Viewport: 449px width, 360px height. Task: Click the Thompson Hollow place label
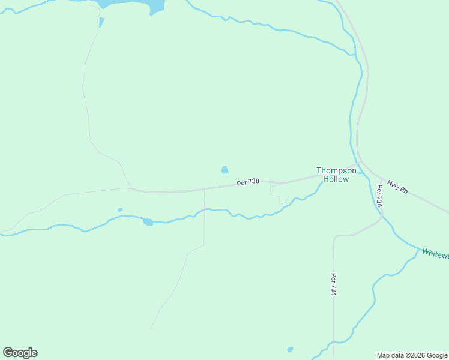click(336, 175)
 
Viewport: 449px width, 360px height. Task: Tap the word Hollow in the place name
click(336, 179)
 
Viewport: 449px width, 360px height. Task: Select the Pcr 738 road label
click(248, 182)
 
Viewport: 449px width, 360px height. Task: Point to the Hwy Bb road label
click(397, 187)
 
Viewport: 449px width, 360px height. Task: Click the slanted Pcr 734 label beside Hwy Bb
click(379, 196)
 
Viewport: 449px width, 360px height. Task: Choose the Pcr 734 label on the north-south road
click(334, 284)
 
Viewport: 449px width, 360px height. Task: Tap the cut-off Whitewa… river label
click(435, 254)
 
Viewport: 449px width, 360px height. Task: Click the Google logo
click(20, 353)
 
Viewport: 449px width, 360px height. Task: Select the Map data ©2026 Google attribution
click(412, 355)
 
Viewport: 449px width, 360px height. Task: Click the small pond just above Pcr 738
click(225, 170)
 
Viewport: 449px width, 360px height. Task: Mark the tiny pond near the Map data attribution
click(291, 349)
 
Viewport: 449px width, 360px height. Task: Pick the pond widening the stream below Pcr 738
click(148, 222)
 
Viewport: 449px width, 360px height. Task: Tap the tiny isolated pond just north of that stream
click(120, 210)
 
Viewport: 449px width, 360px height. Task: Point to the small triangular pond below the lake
click(101, 22)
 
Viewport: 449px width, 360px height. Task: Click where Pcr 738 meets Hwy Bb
click(359, 163)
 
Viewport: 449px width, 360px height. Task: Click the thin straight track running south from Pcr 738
click(204, 216)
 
